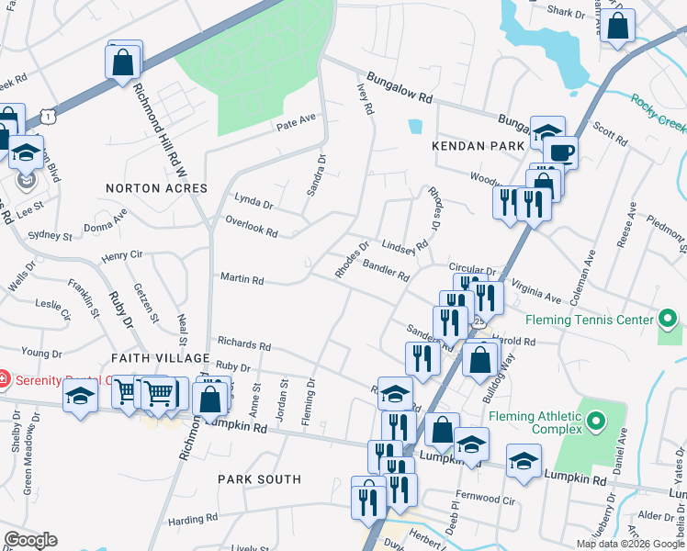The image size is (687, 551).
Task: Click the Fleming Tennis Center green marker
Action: [669, 320]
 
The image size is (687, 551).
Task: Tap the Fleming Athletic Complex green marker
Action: [596, 422]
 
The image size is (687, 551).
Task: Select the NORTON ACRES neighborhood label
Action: [156, 187]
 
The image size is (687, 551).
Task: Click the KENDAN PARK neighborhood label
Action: [478, 145]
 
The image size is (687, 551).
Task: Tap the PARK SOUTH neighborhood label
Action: [259, 479]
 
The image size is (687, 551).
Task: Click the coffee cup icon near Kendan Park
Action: [559, 152]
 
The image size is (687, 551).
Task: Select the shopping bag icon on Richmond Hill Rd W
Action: [123, 63]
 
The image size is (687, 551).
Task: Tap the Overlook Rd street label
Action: [251, 227]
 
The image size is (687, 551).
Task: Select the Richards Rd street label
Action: [243, 346]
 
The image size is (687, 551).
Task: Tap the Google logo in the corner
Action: [30, 539]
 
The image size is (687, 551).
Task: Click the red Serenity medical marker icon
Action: [6, 378]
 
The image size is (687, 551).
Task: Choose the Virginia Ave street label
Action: [535, 291]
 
